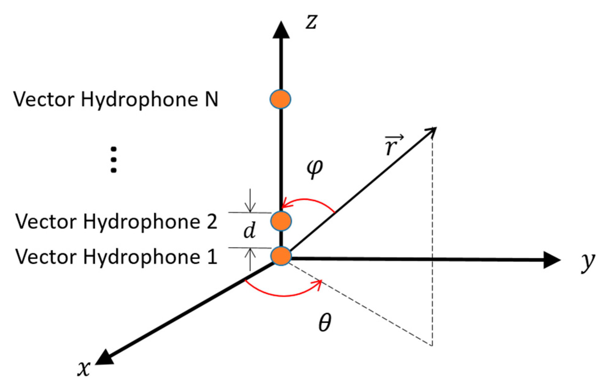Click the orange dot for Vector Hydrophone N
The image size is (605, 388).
280,99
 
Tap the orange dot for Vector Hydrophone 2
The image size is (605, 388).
281,221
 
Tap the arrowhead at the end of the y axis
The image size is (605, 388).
552,260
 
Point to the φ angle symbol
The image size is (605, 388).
315,168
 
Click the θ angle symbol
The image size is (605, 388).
325,323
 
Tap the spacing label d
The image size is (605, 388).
250,231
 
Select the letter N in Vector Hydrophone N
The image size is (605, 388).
212,100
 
